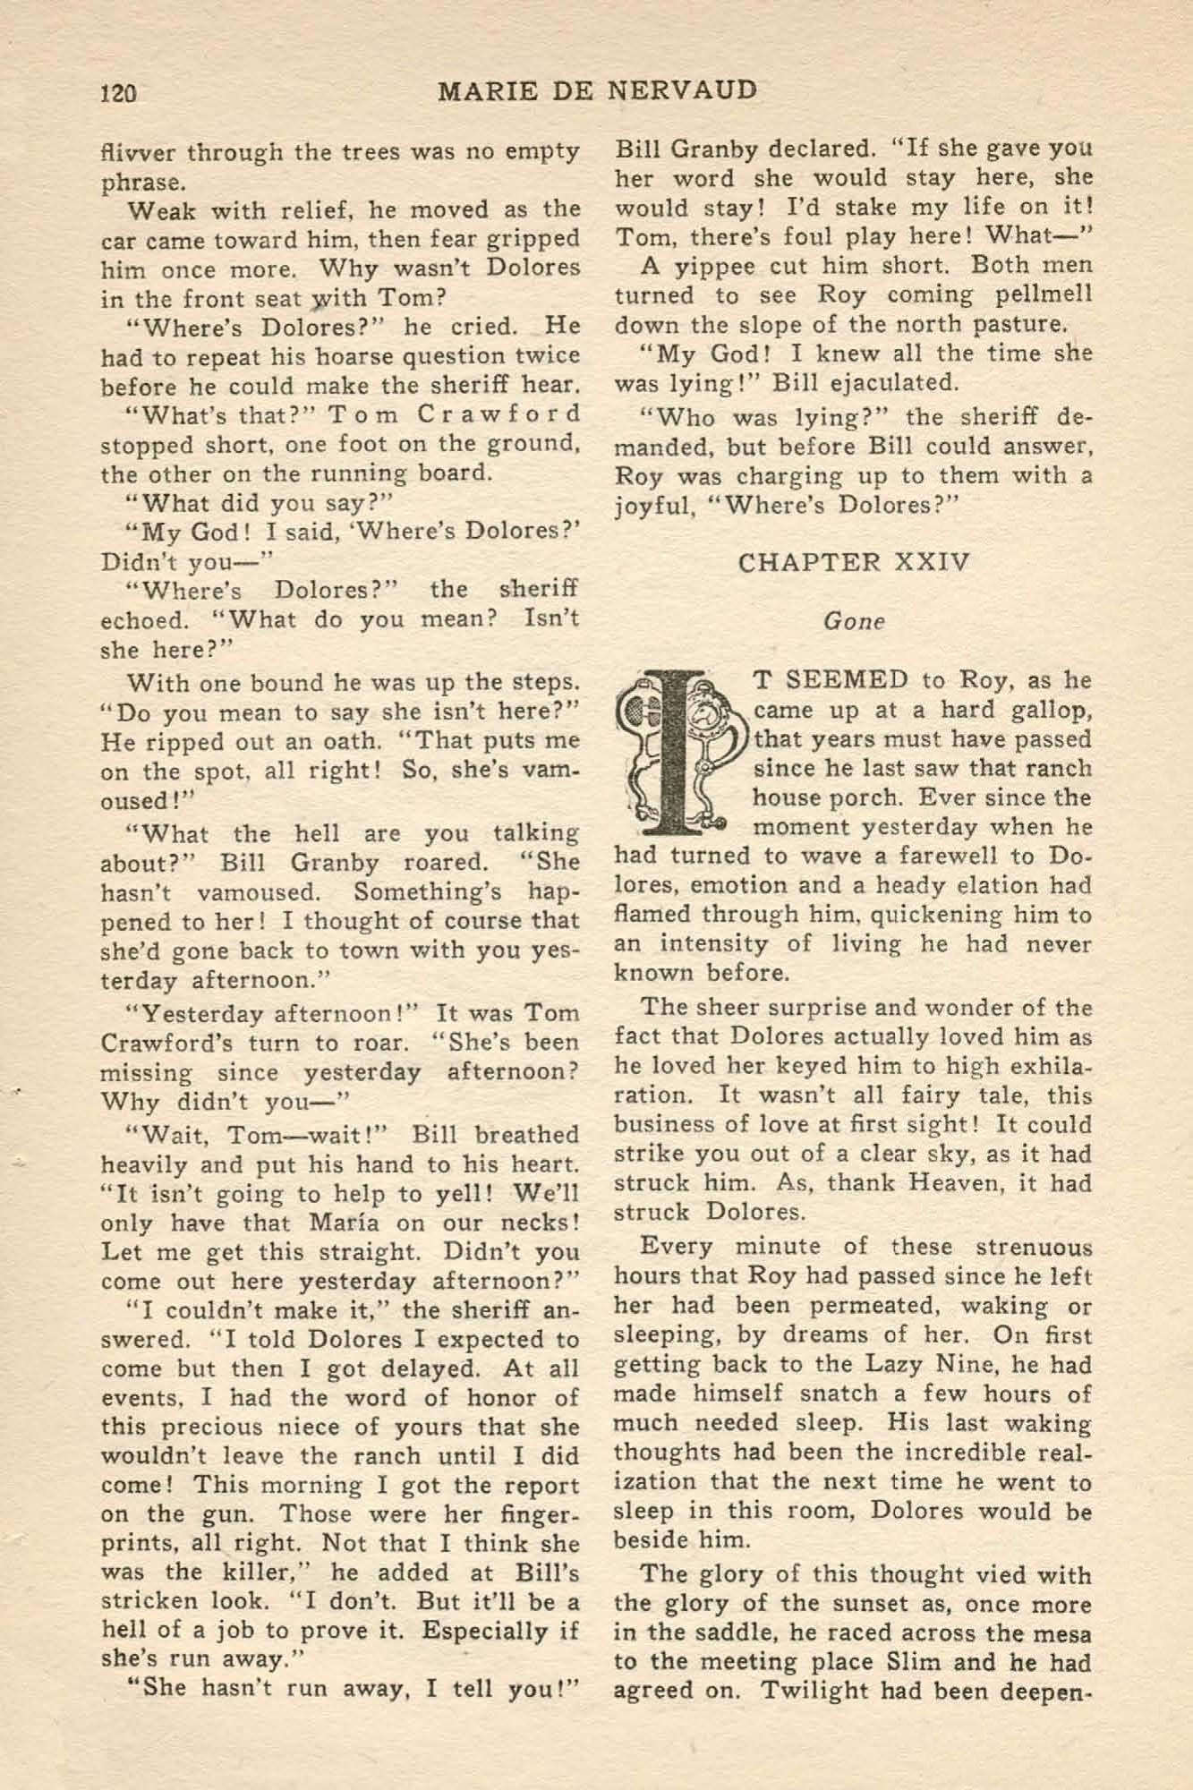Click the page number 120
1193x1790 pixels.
pyautogui.click(x=118, y=92)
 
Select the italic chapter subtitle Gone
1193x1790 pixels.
pyautogui.click(x=853, y=622)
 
